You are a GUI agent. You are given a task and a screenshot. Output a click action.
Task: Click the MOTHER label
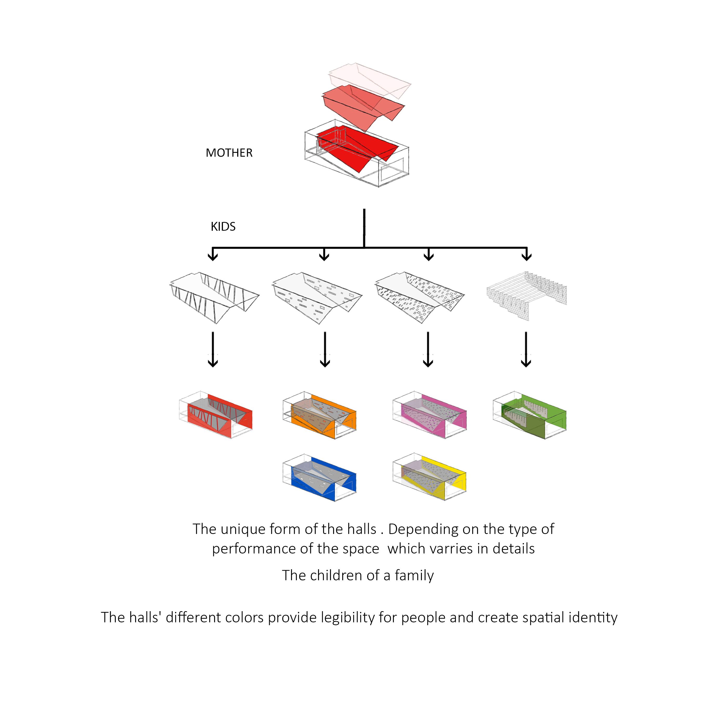click(229, 153)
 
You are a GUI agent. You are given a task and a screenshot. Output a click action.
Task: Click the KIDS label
click(223, 227)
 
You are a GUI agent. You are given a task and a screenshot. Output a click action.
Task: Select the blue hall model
click(319, 478)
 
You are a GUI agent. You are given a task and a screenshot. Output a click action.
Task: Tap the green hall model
click(530, 415)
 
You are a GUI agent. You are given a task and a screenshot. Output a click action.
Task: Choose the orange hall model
click(319, 415)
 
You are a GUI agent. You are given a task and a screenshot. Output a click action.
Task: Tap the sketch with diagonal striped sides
click(215, 298)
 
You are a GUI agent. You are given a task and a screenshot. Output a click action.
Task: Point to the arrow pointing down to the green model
click(526, 349)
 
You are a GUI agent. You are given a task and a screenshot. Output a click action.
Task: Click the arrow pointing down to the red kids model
click(213, 349)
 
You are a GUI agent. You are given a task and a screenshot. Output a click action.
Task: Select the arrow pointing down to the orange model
click(325, 349)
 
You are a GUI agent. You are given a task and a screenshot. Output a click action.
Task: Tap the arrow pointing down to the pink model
click(428, 349)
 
